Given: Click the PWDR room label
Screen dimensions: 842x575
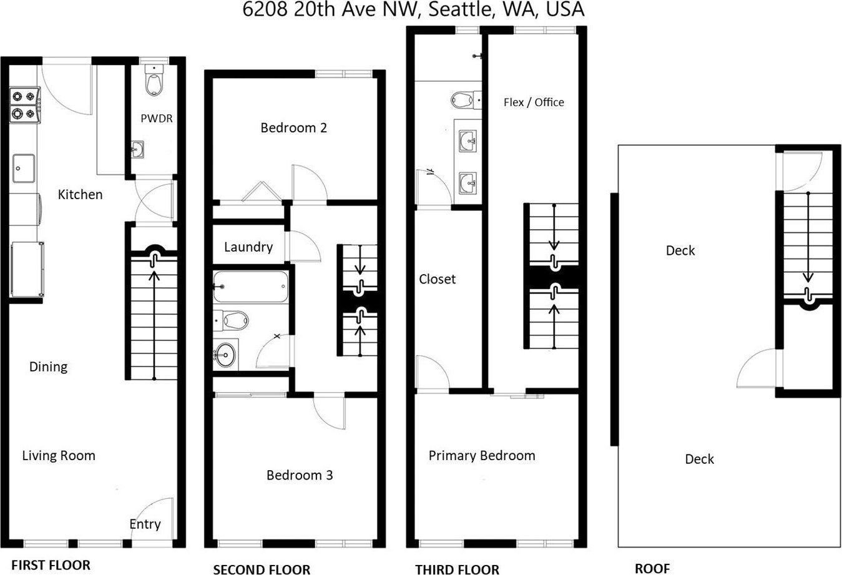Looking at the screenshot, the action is (157, 119).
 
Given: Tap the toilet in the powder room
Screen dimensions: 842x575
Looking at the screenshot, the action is (154, 80).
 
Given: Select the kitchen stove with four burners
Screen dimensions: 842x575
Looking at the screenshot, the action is (25, 105).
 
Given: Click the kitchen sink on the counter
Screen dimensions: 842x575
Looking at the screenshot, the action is (24, 168).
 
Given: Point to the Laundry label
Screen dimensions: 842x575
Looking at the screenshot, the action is (248, 247).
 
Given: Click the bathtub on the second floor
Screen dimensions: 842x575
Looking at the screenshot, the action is (251, 287).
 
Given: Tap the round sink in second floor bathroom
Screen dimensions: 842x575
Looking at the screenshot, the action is (225, 354).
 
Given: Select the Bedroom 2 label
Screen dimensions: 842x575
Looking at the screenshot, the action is (293, 128).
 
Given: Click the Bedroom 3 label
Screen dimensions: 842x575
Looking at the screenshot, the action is (300, 475).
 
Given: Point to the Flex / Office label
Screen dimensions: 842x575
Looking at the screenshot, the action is (534, 102).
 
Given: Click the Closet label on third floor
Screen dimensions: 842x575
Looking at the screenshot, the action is (437, 279).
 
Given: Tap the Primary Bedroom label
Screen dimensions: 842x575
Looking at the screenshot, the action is (482, 456).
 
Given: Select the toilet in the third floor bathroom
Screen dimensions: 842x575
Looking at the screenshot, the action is (466, 101).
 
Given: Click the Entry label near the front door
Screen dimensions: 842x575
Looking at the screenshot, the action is (145, 524).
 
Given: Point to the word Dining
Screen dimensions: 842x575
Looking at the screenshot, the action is (49, 367).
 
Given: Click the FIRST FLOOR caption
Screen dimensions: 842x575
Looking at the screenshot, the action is (51, 565).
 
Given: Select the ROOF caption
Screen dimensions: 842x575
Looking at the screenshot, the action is (652, 569).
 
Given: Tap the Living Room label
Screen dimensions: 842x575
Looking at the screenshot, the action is (59, 456).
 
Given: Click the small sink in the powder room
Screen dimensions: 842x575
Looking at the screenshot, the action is (137, 150).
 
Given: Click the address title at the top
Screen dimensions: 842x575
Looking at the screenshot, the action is (413, 9).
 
